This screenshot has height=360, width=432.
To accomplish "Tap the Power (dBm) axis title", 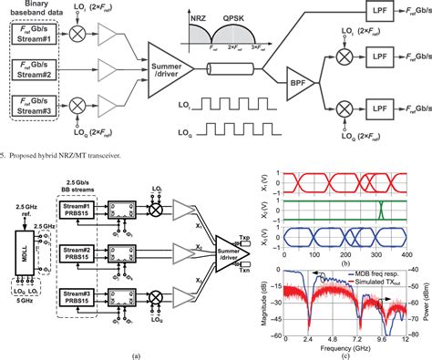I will [427, 298].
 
